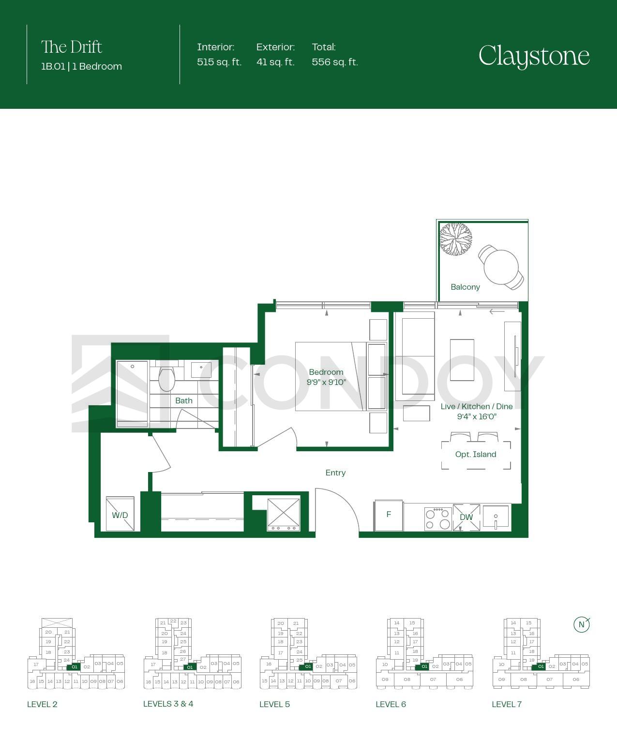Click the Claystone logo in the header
[x=534, y=56]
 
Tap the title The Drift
[x=72, y=47]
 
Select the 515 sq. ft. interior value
[x=219, y=62]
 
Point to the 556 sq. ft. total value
[x=335, y=62]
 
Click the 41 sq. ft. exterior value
[x=275, y=62]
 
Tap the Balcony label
[x=465, y=287]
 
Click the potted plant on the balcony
[x=455, y=239]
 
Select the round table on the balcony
[x=501, y=267]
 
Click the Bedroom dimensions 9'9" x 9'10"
[x=326, y=382]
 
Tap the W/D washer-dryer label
[x=120, y=516]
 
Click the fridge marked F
[x=389, y=516]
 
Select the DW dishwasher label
[x=466, y=517]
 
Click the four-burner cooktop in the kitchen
[x=438, y=519]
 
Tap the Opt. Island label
[x=476, y=455]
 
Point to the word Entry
[x=335, y=473]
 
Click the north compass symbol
[x=582, y=625]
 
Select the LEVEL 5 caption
[x=274, y=704]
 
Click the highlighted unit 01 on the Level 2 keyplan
[x=74, y=667]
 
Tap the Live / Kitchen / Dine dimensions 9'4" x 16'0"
[x=477, y=416]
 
